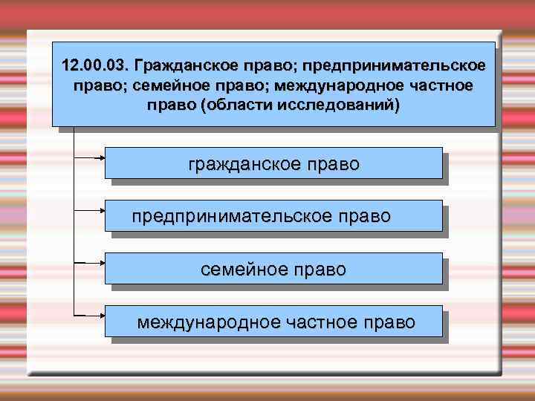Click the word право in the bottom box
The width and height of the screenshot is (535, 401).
tap(391, 322)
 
